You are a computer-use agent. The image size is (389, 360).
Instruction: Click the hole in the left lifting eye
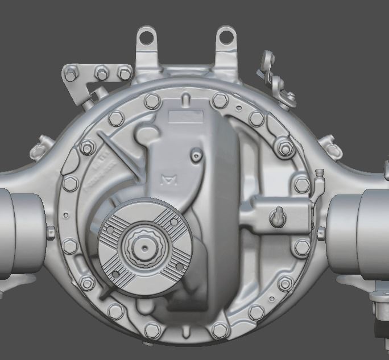(x=147, y=37)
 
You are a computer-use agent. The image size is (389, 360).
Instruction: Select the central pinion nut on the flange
(x=145, y=246)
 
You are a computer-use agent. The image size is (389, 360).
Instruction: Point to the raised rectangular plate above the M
(x=186, y=116)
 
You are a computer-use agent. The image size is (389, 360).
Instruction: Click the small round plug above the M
(x=196, y=154)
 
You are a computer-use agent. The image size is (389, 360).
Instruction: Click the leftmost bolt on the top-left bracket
(x=71, y=74)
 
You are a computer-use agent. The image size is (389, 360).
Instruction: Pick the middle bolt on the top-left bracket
(x=102, y=73)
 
